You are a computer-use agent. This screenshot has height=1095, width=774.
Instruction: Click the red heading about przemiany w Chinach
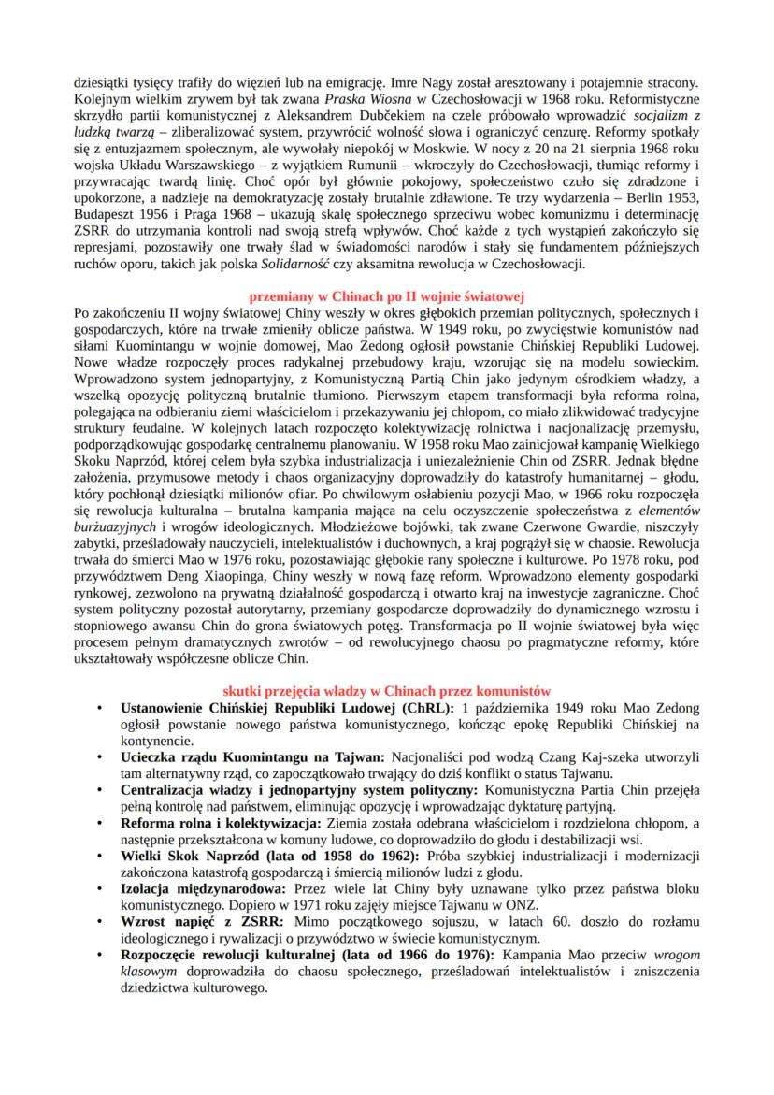(x=386, y=295)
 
